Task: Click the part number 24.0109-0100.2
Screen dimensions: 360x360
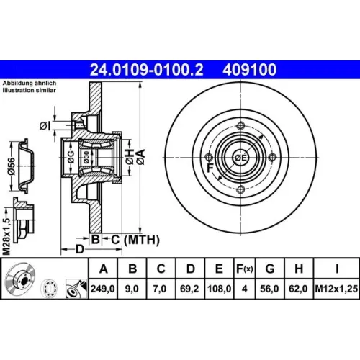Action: point(146,70)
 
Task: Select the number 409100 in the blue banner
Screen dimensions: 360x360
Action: point(250,70)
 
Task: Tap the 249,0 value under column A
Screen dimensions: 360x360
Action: point(103,289)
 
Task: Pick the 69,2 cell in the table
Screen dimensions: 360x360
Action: point(189,289)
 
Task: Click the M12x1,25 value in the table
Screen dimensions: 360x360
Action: point(336,289)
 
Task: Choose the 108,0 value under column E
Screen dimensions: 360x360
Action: point(219,289)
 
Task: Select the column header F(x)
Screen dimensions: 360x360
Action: point(245,269)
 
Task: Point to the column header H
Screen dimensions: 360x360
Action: point(299,269)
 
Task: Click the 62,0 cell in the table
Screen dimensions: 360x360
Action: point(298,289)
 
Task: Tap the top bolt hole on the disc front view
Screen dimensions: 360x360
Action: point(240,126)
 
